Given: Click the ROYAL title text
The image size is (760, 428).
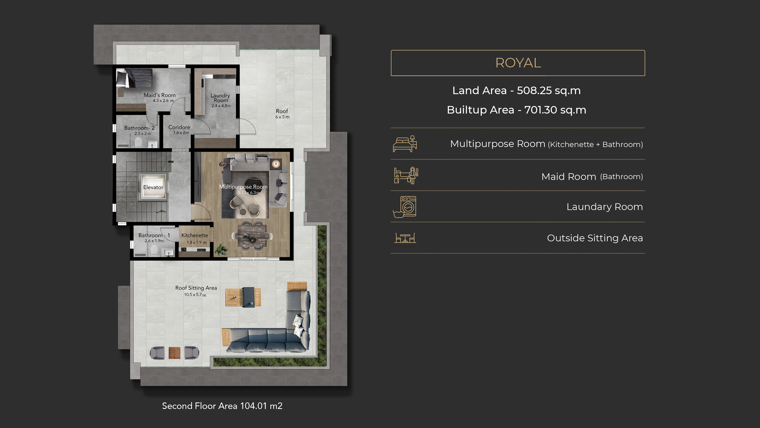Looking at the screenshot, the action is click(x=518, y=63).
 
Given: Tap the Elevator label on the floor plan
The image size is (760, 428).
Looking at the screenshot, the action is click(x=153, y=187).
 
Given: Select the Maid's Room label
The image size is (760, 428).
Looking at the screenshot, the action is click(x=160, y=95).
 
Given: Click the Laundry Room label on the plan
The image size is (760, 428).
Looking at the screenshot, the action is click(x=220, y=98).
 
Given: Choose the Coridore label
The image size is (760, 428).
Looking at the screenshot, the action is click(x=179, y=127).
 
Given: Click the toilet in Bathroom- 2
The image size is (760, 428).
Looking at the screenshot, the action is click(x=138, y=142).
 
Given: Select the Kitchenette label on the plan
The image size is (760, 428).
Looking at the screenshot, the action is click(x=194, y=235).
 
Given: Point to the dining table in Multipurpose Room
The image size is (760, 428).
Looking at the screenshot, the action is click(x=252, y=235).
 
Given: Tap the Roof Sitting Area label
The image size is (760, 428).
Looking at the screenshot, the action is click(x=196, y=288).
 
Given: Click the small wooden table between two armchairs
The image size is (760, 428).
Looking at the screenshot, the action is click(x=174, y=353).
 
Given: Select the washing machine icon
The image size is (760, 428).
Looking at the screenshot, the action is click(x=405, y=207).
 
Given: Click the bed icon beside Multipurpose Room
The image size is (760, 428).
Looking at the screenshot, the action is click(x=405, y=144).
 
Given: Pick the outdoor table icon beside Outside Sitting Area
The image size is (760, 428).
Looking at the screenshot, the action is click(x=405, y=238).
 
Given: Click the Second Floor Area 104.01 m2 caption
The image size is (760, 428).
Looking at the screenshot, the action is click(x=222, y=406).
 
